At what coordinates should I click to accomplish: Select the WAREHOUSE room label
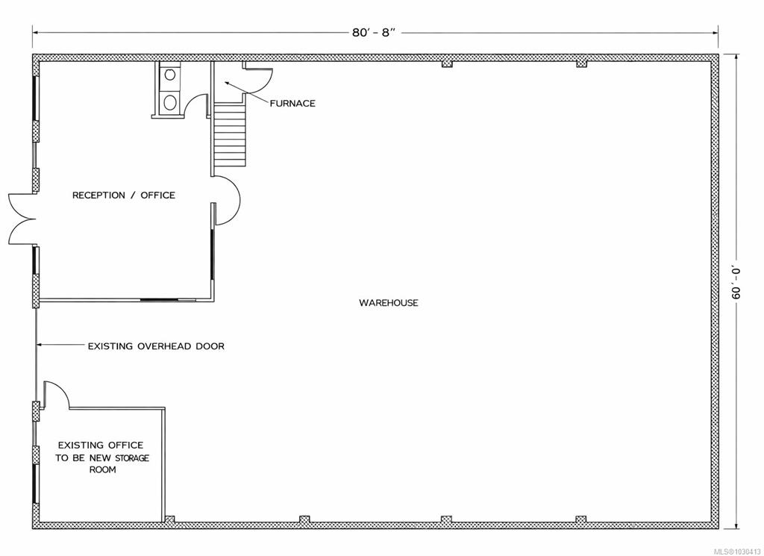388,302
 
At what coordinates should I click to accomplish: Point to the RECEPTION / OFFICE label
124,195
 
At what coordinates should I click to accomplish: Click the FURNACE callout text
292,103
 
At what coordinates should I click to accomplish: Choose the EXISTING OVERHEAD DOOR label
156,346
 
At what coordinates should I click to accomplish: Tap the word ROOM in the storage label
102,469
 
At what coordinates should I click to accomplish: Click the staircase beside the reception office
230,134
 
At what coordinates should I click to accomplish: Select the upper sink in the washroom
170,75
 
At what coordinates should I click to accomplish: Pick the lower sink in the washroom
170,102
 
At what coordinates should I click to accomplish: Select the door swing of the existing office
61,389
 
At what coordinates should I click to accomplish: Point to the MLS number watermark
737,551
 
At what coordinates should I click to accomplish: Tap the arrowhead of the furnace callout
228,84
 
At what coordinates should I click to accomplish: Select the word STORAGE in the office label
131,458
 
